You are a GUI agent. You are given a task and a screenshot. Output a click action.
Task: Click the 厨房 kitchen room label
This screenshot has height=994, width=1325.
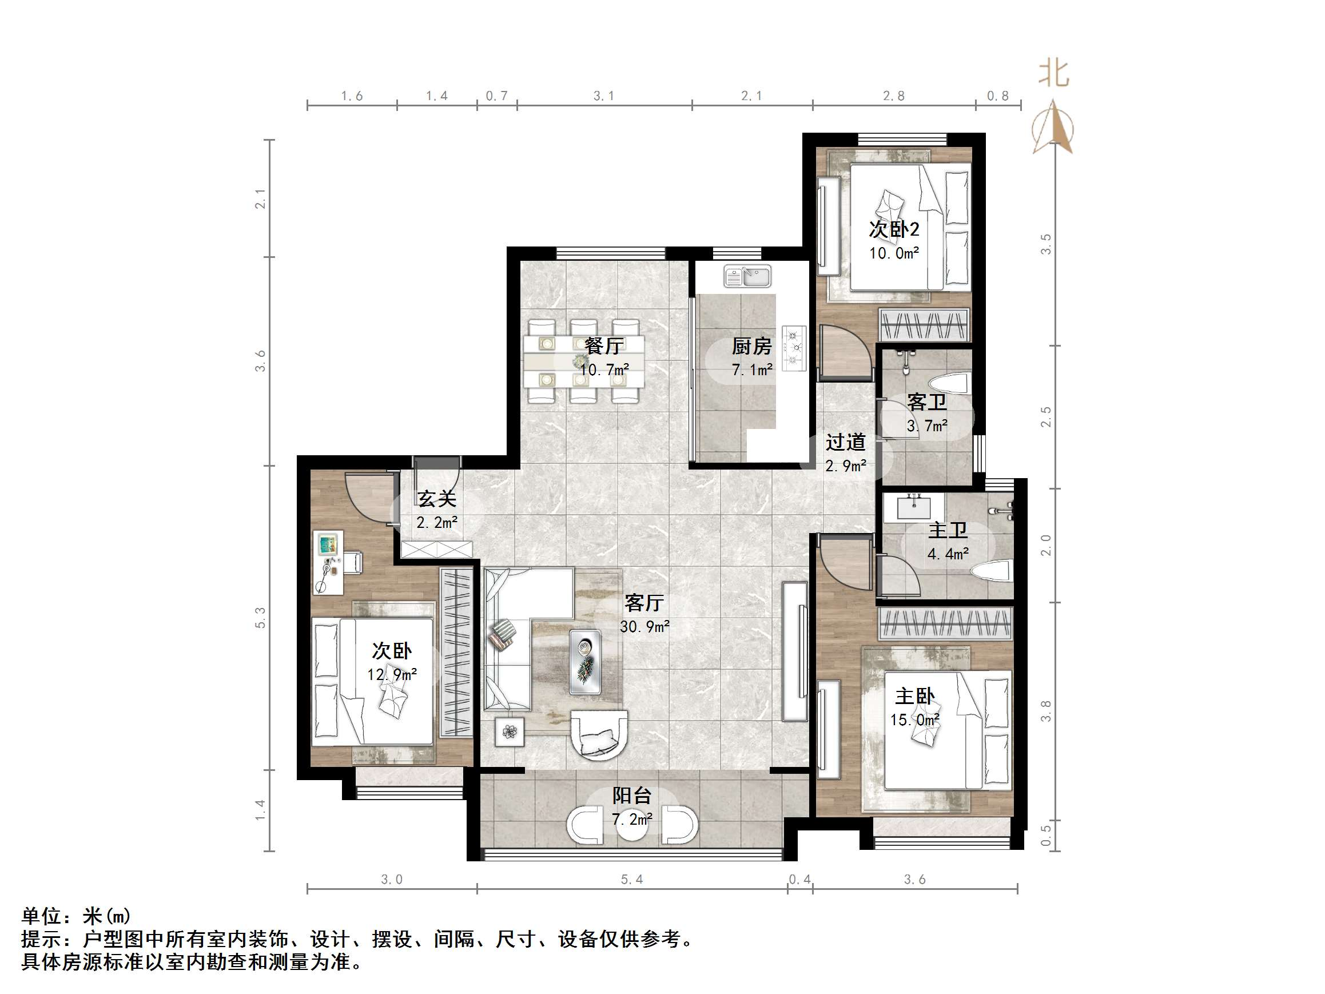click(752, 347)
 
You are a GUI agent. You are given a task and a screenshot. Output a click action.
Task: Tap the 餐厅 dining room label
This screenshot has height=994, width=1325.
click(604, 345)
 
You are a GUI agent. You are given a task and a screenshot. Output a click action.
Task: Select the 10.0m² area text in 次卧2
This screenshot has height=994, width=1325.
click(894, 253)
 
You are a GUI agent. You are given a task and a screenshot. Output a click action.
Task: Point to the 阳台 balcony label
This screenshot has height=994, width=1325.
click(632, 796)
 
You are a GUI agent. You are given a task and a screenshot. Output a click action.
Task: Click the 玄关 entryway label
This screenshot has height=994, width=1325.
click(437, 499)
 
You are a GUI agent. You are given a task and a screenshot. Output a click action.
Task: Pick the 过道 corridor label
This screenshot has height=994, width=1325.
click(846, 442)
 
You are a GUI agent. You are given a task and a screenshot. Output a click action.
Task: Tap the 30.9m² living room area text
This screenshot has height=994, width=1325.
click(644, 627)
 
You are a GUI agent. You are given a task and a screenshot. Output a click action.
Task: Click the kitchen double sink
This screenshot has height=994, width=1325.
click(747, 276)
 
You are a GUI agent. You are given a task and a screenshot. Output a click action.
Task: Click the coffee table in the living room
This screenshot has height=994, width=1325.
click(585, 662)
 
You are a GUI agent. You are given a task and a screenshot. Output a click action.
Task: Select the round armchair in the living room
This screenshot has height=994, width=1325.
click(599, 735)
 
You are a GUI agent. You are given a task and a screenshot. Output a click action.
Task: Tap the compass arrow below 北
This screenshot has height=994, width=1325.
click(1053, 127)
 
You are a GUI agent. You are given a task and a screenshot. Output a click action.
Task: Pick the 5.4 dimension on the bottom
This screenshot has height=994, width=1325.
click(632, 880)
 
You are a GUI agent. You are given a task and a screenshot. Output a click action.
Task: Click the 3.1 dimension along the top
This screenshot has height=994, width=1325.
click(604, 96)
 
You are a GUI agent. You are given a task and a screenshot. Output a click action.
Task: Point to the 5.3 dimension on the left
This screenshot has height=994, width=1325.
click(260, 618)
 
